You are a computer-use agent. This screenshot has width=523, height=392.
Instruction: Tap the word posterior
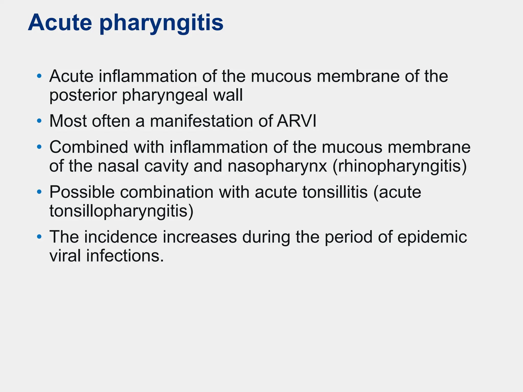pos(83,96)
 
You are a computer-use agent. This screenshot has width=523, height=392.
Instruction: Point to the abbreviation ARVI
pos(296,121)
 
